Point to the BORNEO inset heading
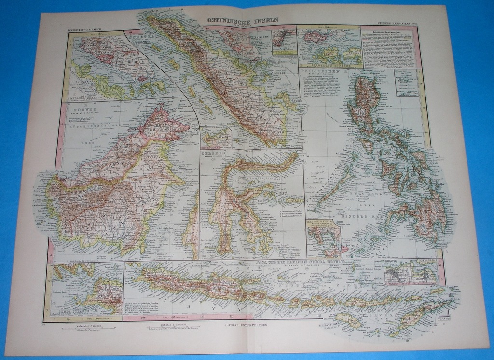73,109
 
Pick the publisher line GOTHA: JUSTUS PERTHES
246,325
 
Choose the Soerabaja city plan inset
425,272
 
